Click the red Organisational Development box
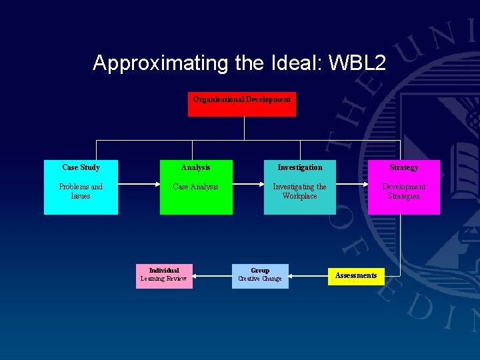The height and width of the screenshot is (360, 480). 241,104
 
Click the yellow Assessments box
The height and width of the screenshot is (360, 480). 356,275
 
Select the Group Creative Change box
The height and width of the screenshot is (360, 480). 260,275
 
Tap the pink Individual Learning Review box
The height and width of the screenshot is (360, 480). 164,275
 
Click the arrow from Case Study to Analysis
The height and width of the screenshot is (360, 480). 139,187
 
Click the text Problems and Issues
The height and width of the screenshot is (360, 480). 81,191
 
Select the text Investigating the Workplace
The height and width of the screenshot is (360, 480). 299,191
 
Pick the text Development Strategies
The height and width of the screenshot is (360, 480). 403,191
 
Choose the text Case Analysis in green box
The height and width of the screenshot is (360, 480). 195,187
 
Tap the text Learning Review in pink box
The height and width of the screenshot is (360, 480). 164,279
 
